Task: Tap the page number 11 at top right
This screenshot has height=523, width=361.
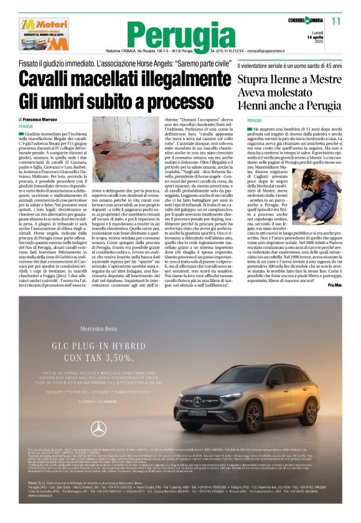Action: click(337, 21)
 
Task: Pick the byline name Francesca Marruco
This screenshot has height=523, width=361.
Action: click(42, 119)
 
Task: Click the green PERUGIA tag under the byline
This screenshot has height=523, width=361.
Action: click(26, 126)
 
